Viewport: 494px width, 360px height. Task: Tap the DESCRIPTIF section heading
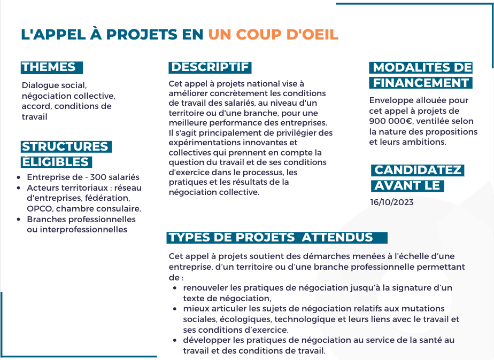[210, 67]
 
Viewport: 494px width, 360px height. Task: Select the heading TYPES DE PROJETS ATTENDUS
[271, 238]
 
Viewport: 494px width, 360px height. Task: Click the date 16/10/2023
[391, 202]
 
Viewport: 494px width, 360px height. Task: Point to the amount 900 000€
[390, 121]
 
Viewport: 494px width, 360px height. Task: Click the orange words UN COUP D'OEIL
[273, 35]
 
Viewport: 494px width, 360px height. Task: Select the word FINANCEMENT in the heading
[421, 83]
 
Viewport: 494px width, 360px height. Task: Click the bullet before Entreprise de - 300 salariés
[19, 178]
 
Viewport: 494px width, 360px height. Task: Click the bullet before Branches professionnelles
[19, 220]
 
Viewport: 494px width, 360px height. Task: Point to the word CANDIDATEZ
[418, 170]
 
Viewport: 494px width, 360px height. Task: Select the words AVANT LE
[407, 186]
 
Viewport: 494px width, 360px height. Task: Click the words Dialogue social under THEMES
[54, 85]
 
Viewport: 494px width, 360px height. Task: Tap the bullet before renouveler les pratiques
[175, 288]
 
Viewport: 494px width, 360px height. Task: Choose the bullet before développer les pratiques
[175, 340]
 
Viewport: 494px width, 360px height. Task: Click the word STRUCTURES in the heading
[65, 147]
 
